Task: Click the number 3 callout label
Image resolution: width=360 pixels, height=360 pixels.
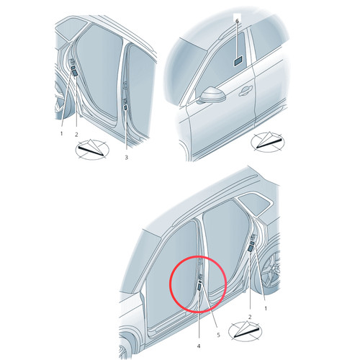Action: click(x=126, y=158)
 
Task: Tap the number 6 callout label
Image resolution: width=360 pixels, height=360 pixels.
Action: click(x=237, y=21)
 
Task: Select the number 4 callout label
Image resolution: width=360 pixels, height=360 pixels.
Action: click(x=199, y=346)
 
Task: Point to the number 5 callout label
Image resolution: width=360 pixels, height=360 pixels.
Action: click(x=218, y=335)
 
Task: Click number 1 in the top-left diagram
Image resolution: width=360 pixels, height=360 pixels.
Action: click(x=61, y=133)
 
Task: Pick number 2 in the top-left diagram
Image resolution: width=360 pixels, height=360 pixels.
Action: click(x=76, y=135)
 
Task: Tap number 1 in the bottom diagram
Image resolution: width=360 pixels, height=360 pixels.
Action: click(x=266, y=309)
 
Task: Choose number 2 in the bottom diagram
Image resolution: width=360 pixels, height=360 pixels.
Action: click(x=250, y=317)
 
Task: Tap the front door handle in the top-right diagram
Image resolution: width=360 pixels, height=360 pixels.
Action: click(x=246, y=91)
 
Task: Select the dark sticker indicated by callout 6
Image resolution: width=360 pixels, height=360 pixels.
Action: click(x=238, y=61)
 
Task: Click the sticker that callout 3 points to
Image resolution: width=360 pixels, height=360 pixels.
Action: click(x=125, y=107)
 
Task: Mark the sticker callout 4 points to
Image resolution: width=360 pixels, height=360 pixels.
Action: click(x=199, y=286)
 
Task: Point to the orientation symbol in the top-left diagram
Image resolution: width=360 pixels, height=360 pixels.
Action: click(x=92, y=149)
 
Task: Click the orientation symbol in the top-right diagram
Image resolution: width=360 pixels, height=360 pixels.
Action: click(x=268, y=143)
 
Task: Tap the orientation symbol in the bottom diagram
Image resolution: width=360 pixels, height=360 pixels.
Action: click(x=245, y=331)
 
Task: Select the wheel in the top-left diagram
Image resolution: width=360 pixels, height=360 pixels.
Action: click(x=60, y=99)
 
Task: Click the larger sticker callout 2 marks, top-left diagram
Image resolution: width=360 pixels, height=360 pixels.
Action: click(x=75, y=73)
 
